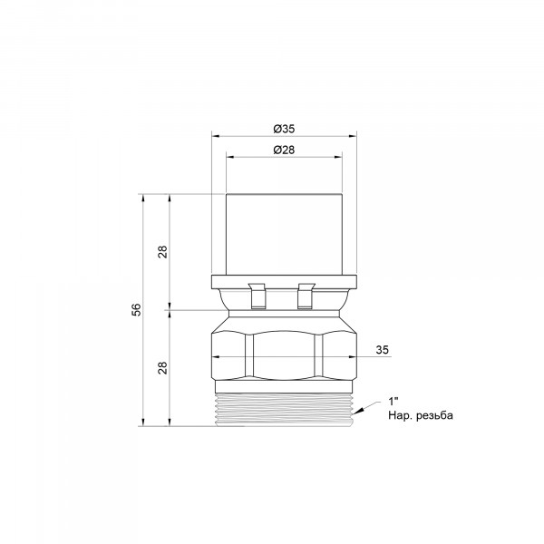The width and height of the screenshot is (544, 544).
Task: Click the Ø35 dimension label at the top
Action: coord(284,129)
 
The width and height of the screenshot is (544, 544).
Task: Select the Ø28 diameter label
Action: coord(284,150)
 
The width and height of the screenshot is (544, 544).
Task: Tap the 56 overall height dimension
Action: coord(138,309)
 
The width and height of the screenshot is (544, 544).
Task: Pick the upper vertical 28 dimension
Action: coord(163,251)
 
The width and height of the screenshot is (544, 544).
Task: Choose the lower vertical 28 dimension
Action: coord(163,368)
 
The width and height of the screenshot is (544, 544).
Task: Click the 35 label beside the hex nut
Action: coord(383,350)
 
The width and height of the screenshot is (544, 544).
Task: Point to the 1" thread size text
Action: coord(393,402)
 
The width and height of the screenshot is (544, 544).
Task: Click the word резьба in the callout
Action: coord(435,415)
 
